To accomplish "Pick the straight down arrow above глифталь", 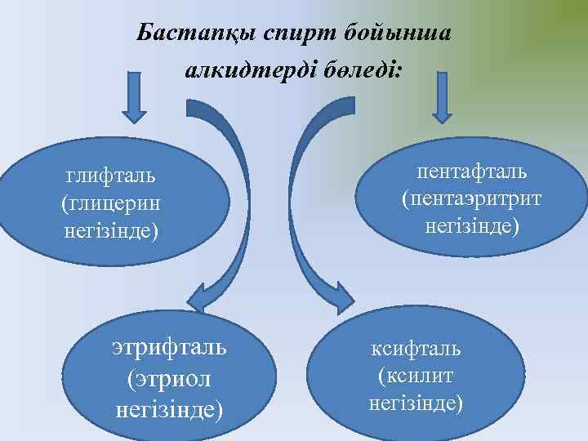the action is point(134,98).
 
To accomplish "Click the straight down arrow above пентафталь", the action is point(442,98).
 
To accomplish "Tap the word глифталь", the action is point(111,175).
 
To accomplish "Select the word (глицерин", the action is point(111,203).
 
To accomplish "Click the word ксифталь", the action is point(416,350).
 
